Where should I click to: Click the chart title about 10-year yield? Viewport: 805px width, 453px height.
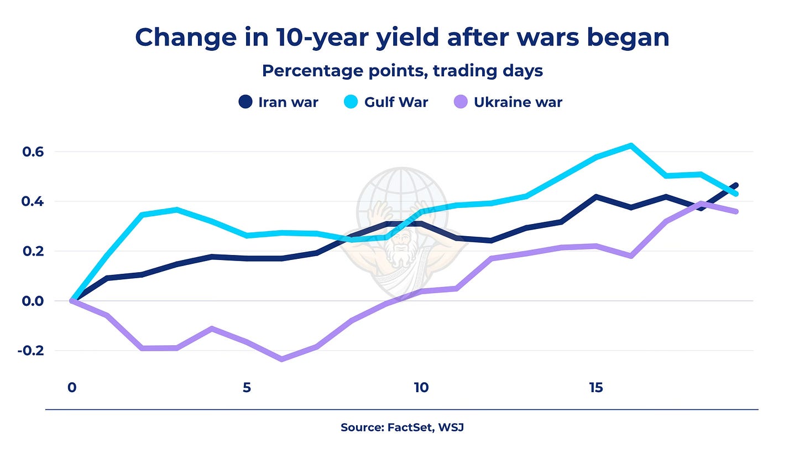pos(402,38)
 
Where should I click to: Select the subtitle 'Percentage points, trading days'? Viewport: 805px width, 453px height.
pos(402,71)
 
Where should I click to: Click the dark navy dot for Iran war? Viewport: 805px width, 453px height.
pos(246,102)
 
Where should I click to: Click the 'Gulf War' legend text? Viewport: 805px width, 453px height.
pos(396,102)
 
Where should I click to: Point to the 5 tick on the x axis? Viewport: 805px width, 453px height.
pos(247,388)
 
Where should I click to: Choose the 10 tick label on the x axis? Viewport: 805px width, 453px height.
pos(421,388)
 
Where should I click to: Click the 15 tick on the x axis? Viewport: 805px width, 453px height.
pos(596,388)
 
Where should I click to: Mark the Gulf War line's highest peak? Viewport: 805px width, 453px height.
pos(631,145)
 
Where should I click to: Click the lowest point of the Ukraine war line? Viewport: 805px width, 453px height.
pos(281,360)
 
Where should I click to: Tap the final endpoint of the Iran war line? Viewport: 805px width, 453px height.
pos(736,185)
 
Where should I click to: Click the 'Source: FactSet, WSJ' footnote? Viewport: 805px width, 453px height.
pos(402,427)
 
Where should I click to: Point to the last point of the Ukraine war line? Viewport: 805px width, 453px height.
pos(736,211)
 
